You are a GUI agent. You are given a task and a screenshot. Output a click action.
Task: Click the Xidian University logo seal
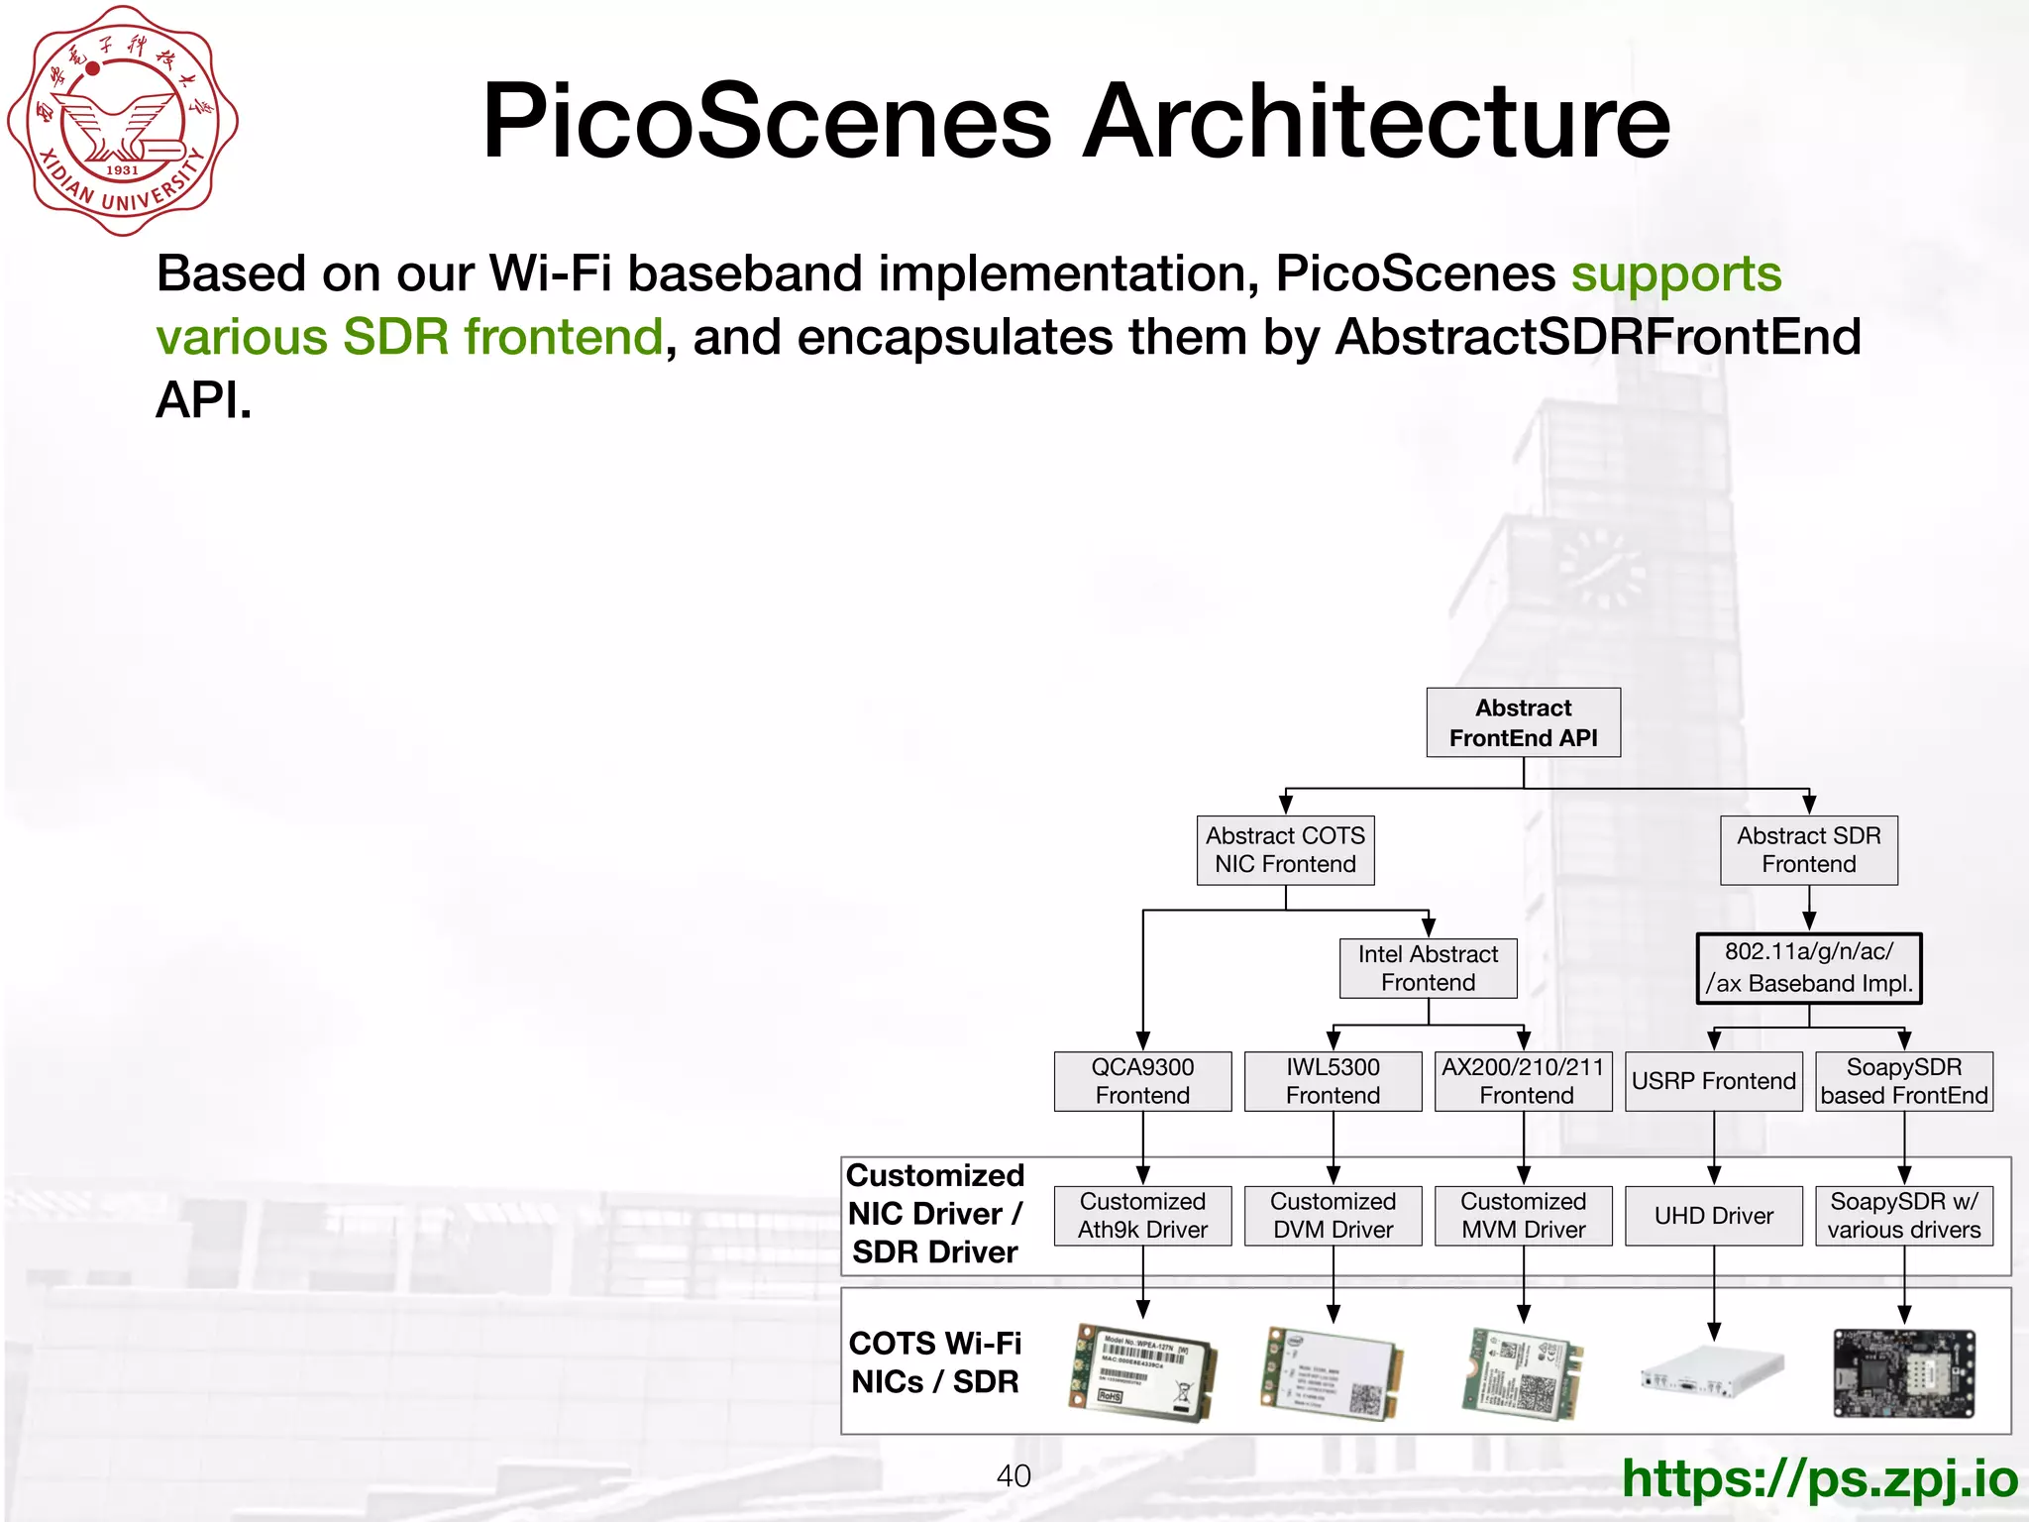123,121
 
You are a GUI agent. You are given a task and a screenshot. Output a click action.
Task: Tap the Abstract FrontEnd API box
1523,723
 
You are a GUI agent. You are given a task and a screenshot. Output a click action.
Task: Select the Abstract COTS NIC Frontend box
1285,850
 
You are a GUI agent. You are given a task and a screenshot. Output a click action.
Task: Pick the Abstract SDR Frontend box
1808,850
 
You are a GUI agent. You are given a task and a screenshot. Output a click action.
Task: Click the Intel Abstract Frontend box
1428,968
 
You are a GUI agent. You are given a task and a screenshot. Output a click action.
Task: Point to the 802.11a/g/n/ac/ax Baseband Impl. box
1808,968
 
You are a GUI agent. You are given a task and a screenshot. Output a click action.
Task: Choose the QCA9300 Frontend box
1142,1081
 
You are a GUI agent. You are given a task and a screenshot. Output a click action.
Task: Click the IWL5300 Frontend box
1333,1081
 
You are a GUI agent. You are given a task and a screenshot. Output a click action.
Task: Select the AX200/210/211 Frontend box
1523,1081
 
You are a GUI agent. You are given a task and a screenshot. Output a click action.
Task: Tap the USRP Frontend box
1713,1081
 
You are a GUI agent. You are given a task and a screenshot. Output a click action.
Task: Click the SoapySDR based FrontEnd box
1903,1081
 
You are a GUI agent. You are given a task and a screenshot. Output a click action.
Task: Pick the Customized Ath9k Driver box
1142,1216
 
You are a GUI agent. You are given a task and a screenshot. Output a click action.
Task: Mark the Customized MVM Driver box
1523,1216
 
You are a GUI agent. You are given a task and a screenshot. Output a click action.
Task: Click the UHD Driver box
1713,1216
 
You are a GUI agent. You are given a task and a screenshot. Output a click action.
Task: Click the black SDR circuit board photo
1903,1374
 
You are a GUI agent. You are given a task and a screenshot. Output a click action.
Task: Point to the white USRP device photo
1713,1372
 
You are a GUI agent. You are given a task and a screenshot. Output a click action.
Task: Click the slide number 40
1014,1476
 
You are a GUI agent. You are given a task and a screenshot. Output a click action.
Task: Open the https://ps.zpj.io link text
1819,1478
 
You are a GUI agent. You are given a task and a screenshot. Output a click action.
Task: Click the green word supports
1676,273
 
